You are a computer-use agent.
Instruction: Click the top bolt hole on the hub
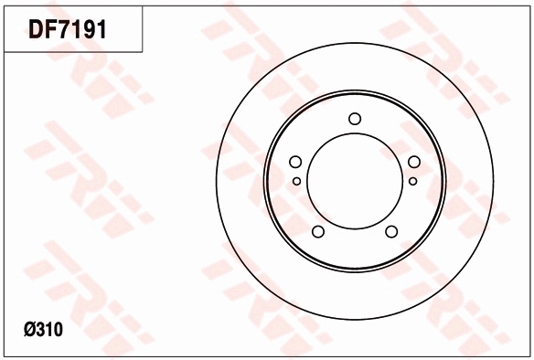click(x=355, y=119)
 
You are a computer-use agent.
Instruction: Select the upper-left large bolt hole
click(x=295, y=162)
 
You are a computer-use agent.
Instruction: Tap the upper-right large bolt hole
click(x=414, y=162)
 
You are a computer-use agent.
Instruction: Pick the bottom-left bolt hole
click(x=318, y=232)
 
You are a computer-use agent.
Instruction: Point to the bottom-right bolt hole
click(x=391, y=232)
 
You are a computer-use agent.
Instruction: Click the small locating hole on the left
click(x=296, y=181)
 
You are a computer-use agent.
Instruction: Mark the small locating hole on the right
click(x=412, y=181)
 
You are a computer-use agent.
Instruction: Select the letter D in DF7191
click(x=36, y=29)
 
